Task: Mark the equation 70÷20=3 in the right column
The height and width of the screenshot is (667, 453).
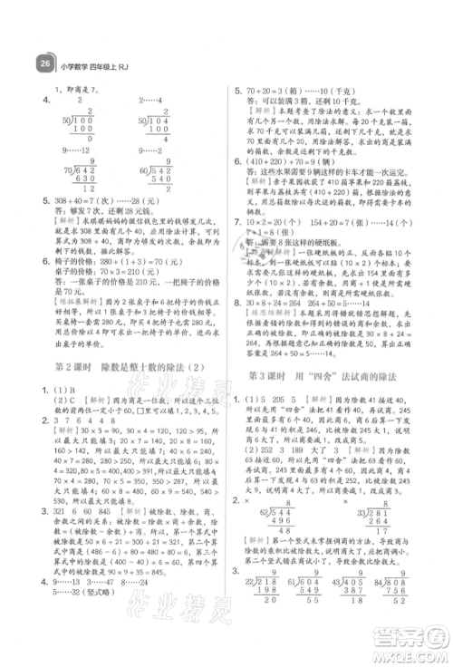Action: pos(275,92)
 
